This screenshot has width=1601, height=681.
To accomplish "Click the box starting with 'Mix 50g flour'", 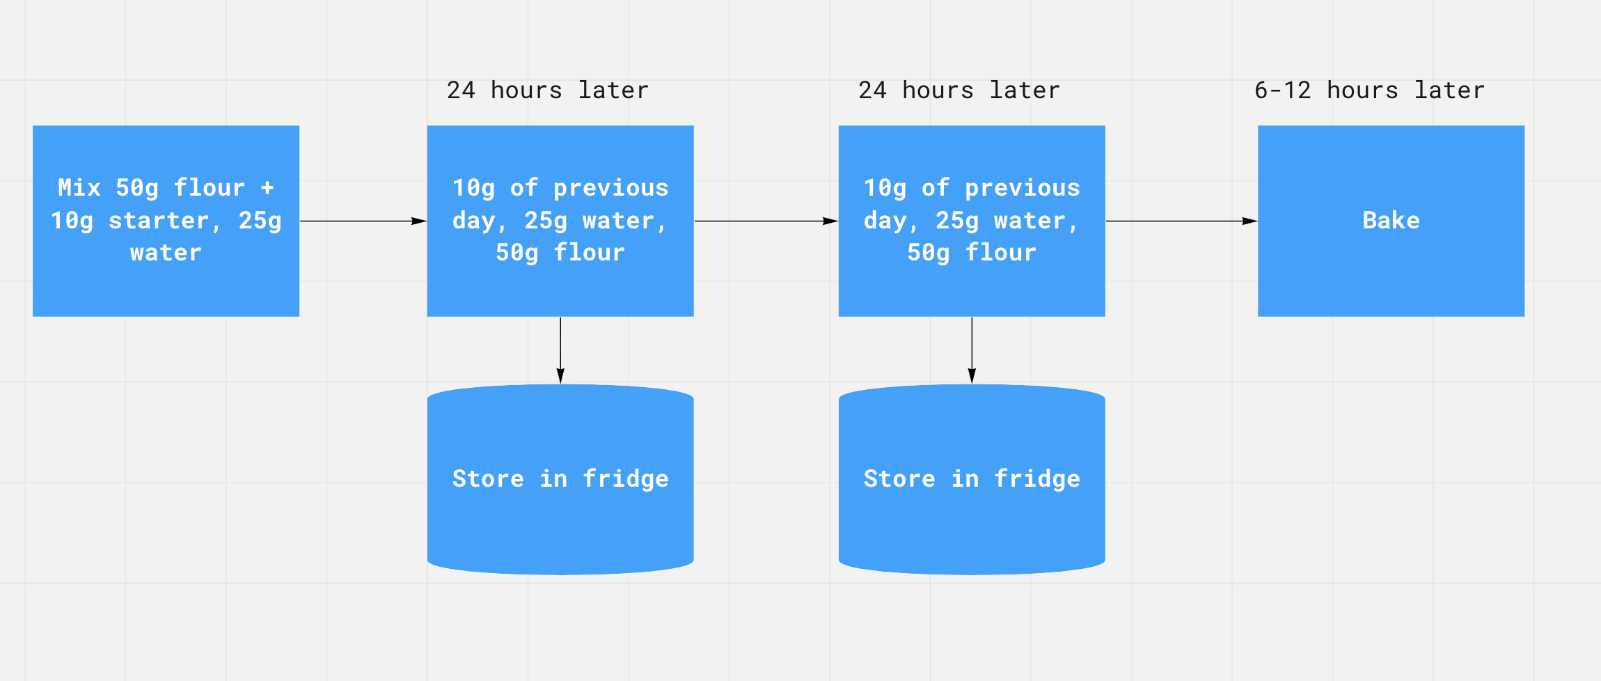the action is [x=166, y=221].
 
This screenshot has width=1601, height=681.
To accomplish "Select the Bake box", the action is [x=1391, y=221].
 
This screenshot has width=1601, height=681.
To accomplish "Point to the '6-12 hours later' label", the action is [x=1369, y=91].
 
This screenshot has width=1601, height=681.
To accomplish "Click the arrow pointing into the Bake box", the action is [x=1181, y=221].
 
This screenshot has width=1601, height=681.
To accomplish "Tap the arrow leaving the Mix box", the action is [x=363, y=221].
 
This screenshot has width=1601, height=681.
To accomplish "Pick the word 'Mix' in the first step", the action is [x=79, y=188].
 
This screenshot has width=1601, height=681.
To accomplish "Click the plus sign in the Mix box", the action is [x=267, y=188].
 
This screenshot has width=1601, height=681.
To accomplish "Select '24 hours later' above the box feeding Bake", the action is [x=959, y=91].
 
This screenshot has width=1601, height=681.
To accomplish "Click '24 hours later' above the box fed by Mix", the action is [x=548, y=91].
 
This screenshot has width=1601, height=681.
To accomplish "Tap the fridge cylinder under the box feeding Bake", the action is [x=972, y=479].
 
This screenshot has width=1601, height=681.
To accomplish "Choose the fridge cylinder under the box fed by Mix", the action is [x=560, y=479].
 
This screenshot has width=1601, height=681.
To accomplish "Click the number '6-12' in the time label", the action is [x=1283, y=91].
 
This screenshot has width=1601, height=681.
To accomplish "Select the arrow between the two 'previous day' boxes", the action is [x=766, y=221].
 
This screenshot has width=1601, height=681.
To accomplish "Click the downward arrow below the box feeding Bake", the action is [x=972, y=350].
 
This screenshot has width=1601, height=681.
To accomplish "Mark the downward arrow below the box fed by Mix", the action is [x=560, y=350].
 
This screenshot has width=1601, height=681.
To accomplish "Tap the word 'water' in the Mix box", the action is [x=166, y=253].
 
